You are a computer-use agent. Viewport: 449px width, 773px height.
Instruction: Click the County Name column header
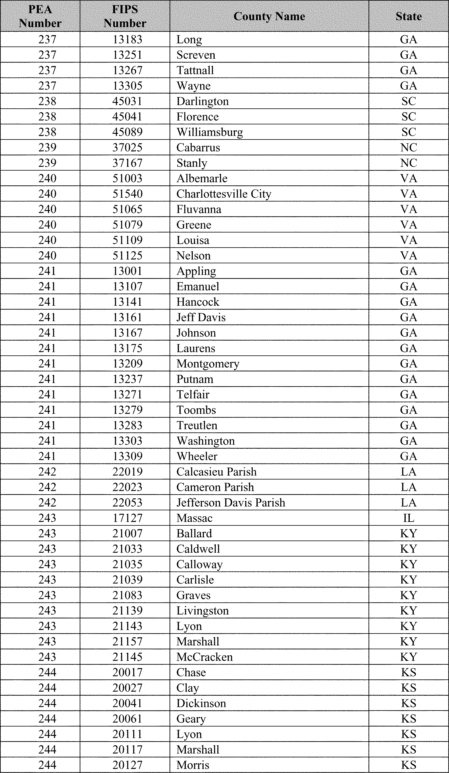tap(269, 16)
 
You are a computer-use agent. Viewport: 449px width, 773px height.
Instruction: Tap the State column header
tap(409, 16)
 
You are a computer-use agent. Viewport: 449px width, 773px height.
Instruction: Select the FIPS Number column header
tap(125, 16)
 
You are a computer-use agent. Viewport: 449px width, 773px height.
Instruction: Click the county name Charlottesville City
tap(224, 194)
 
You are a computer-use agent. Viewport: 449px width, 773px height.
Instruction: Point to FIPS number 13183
tap(127, 40)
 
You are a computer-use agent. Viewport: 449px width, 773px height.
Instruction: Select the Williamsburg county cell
tap(210, 132)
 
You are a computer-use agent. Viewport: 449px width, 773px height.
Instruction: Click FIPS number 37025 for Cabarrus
tap(127, 148)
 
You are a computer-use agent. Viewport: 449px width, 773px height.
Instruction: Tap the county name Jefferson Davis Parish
tap(231, 502)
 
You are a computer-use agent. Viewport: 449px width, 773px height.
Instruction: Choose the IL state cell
tap(409, 518)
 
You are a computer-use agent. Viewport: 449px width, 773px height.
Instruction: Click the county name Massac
tap(195, 518)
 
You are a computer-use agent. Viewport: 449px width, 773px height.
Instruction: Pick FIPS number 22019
tap(127, 472)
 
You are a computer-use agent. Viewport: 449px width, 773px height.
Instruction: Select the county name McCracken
tap(205, 657)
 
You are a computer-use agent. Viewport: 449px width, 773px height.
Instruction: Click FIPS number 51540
tap(127, 194)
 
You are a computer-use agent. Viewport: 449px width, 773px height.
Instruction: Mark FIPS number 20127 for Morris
tap(127, 765)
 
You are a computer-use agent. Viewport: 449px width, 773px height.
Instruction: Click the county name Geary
tap(191, 719)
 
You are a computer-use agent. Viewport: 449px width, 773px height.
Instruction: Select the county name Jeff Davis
tap(201, 317)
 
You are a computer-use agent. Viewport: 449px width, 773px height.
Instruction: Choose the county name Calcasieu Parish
tap(216, 472)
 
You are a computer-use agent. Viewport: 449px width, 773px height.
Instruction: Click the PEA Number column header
tap(40, 16)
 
